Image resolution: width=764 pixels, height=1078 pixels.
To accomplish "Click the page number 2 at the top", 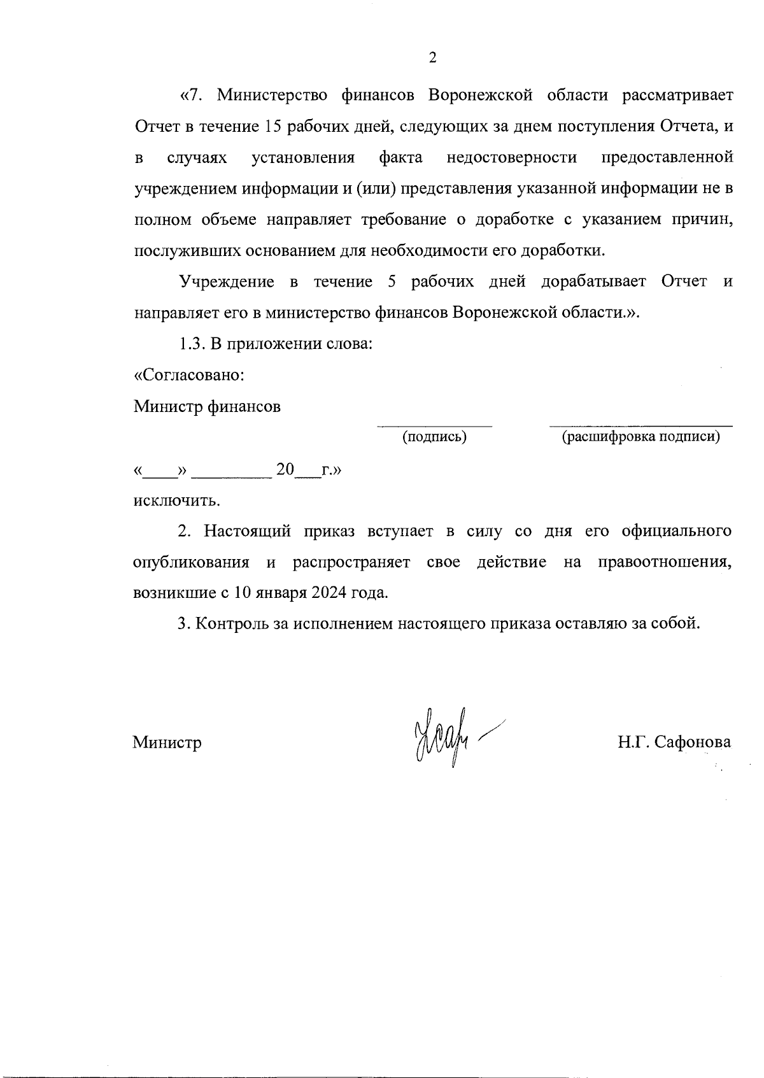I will coord(433,59).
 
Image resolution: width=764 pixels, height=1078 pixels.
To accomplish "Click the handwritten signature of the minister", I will coord(446,739).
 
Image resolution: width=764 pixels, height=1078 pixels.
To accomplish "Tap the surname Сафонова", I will coord(691,742).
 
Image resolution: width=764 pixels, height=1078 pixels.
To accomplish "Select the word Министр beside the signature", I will coord(167,742).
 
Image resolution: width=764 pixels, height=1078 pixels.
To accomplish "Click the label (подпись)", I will coord(434,437).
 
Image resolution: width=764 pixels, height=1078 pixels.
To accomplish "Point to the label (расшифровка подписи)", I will coord(640,437).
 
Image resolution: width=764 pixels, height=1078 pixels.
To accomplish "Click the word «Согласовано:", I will coord(189,375).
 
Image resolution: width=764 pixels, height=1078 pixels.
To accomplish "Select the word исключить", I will coord(176,500).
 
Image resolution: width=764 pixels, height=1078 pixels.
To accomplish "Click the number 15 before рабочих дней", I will coord(272,126).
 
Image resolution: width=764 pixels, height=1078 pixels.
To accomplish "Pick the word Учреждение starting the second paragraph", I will coord(227,282).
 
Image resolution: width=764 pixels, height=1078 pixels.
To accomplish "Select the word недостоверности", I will coord(512,157).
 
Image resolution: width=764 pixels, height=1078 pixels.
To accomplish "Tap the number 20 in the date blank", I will coord(285,470).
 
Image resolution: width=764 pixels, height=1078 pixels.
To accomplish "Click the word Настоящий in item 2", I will coord(247,531).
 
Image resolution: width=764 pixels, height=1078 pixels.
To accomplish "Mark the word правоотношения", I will coord(664,562).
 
